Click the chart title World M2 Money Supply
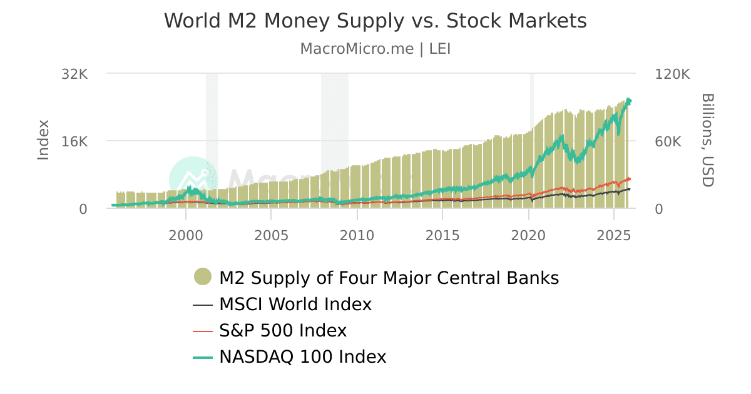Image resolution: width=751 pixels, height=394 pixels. (375, 21)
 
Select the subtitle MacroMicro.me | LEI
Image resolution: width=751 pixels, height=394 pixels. (375, 49)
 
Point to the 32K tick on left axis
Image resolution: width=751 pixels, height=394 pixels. (74, 74)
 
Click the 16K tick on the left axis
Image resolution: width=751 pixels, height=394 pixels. (74, 141)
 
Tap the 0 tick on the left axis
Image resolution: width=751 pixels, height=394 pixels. (83, 209)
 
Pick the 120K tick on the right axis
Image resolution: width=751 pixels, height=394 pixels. (672, 74)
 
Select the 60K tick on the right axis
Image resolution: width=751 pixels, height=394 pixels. (668, 141)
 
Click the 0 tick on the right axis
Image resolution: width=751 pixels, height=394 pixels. (659, 209)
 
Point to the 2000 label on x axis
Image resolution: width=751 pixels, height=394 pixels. (186, 235)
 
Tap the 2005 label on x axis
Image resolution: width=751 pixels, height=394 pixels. (271, 235)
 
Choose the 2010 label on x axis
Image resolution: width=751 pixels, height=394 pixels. (357, 235)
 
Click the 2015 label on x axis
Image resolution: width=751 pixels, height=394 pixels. (442, 235)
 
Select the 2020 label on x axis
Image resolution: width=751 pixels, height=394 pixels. (528, 235)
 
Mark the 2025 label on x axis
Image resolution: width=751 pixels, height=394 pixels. (614, 235)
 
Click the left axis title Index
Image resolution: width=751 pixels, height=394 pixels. (43, 139)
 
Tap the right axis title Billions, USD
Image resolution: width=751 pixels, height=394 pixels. (707, 139)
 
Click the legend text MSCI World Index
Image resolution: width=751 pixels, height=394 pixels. (295, 305)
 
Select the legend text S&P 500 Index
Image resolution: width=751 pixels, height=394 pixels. (282, 330)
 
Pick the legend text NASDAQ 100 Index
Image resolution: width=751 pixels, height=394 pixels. (302, 356)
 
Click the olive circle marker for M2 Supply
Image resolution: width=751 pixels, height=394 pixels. (203, 277)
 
